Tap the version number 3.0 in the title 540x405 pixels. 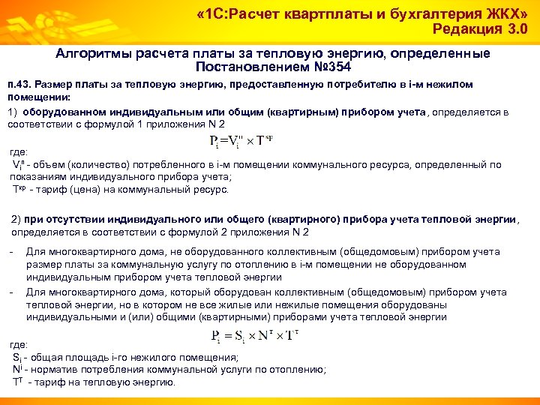513,30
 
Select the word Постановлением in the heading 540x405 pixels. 251,67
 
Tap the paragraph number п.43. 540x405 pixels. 18,85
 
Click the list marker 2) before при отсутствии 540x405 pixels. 16,219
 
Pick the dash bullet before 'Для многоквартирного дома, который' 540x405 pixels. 12,292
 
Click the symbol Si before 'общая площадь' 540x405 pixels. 18,358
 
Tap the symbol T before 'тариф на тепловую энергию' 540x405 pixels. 18,382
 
